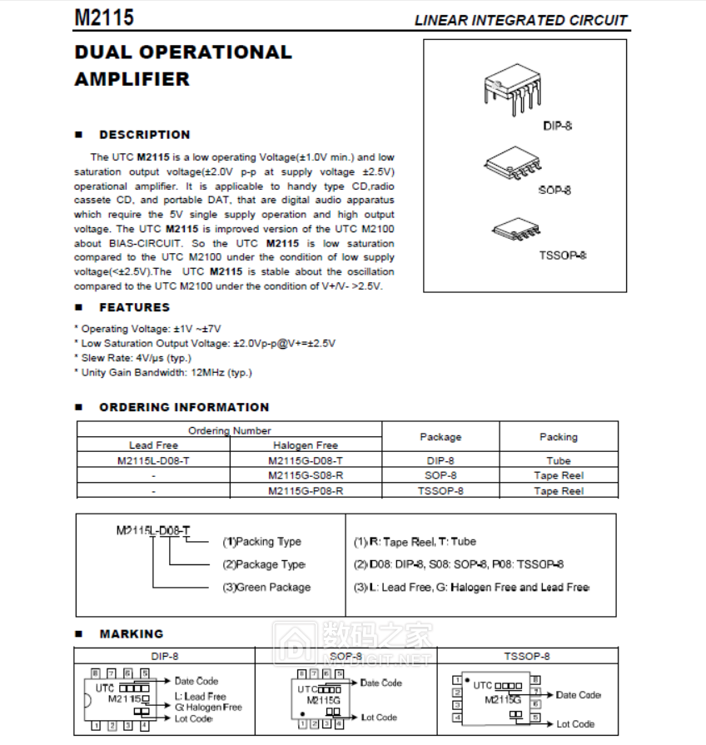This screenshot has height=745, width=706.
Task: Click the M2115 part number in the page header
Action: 104,18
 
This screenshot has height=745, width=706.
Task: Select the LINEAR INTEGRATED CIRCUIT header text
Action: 520,20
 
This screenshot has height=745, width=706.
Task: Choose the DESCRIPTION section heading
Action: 144,135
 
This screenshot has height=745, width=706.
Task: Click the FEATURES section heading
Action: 134,307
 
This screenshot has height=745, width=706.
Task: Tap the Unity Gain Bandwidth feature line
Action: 165,373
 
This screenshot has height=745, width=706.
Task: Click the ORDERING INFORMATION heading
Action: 184,407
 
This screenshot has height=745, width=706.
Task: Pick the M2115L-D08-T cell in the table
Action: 155,460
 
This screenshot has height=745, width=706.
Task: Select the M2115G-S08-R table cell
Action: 306,475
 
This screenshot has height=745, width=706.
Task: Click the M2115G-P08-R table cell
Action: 306,491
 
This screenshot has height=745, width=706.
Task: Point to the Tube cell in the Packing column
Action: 558,460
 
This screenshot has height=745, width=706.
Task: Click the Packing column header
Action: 558,437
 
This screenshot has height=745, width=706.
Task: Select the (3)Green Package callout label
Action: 266,588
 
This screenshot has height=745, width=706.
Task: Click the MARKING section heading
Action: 131,634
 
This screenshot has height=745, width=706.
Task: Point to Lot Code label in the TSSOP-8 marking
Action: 575,724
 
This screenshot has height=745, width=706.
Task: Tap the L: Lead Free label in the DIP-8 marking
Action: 200,697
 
